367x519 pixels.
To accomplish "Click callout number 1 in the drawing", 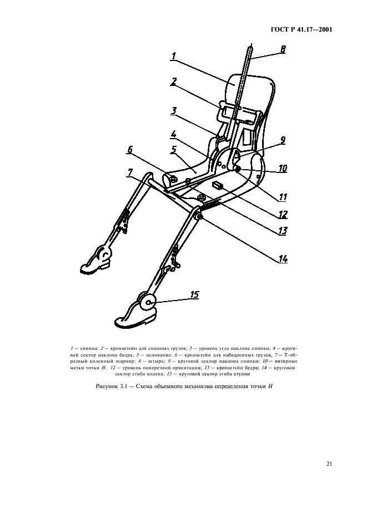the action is click(174, 56).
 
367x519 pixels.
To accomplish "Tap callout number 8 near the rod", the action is click(283, 50).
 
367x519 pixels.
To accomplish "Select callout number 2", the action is click(174, 82).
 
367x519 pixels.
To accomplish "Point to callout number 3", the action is click(174, 110).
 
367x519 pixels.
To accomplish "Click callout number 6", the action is click(130, 150).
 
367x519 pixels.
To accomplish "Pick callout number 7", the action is click(130, 172).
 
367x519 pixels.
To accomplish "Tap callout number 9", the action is click(283, 140).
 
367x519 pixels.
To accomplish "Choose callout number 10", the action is click(283, 168).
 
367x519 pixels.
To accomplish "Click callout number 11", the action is click(283, 197).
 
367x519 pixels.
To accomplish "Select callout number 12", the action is click(283, 215).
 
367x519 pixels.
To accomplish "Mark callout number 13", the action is click(283, 230).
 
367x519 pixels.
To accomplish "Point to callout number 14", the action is click(283, 259).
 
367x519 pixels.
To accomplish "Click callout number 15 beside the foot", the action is click(195, 294).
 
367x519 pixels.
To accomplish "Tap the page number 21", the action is click(329, 464).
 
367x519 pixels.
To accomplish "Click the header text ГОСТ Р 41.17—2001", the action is click(301, 30).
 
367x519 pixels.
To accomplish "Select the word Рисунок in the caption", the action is click(107, 386).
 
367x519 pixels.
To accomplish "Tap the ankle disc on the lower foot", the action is click(147, 302).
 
